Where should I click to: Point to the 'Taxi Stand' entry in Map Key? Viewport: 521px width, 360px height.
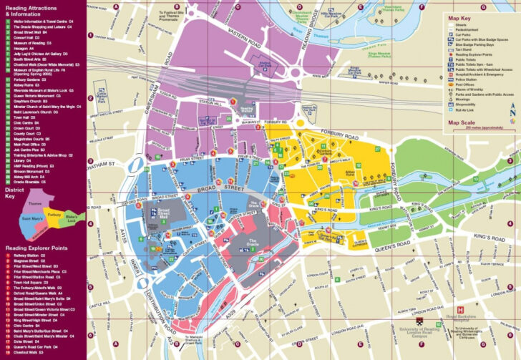coord(464,49)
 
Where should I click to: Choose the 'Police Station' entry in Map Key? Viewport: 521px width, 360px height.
coord(469,78)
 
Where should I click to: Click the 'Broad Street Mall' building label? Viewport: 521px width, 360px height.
coord(164,213)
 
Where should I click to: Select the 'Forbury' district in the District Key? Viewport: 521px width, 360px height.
coord(54,214)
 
